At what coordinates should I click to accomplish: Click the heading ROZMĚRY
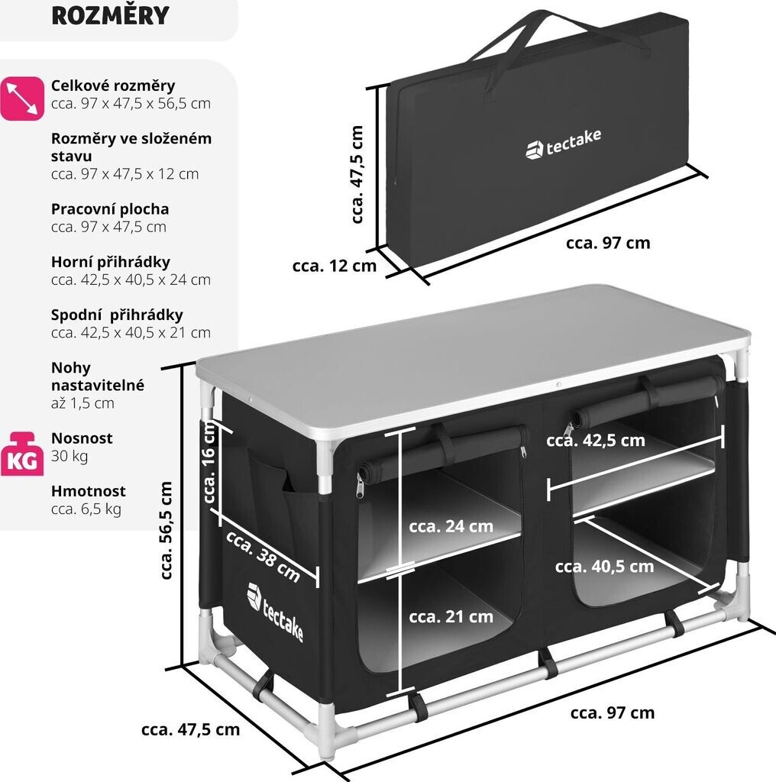[x=110, y=16]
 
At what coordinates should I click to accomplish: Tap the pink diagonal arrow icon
[x=21, y=98]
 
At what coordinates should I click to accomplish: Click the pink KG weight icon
[x=21, y=453]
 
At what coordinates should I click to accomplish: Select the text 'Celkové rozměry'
[x=113, y=86]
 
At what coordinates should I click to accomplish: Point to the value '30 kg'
[x=70, y=457]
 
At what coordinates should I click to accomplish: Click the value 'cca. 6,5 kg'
[x=86, y=509]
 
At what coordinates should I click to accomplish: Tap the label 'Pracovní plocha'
[x=110, y=208]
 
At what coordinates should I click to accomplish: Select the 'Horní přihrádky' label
[x=110, y=262]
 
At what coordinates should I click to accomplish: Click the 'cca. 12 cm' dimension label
[x=334, y=266]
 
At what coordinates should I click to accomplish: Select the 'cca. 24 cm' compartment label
[x=451, y=526]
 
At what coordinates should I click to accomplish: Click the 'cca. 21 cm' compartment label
[x=451, y=616]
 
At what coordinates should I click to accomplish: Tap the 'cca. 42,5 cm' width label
[x=596, y=441]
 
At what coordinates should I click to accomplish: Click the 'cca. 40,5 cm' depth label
[x=604, y=566]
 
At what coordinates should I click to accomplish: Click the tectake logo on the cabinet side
[x=276, y=612]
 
